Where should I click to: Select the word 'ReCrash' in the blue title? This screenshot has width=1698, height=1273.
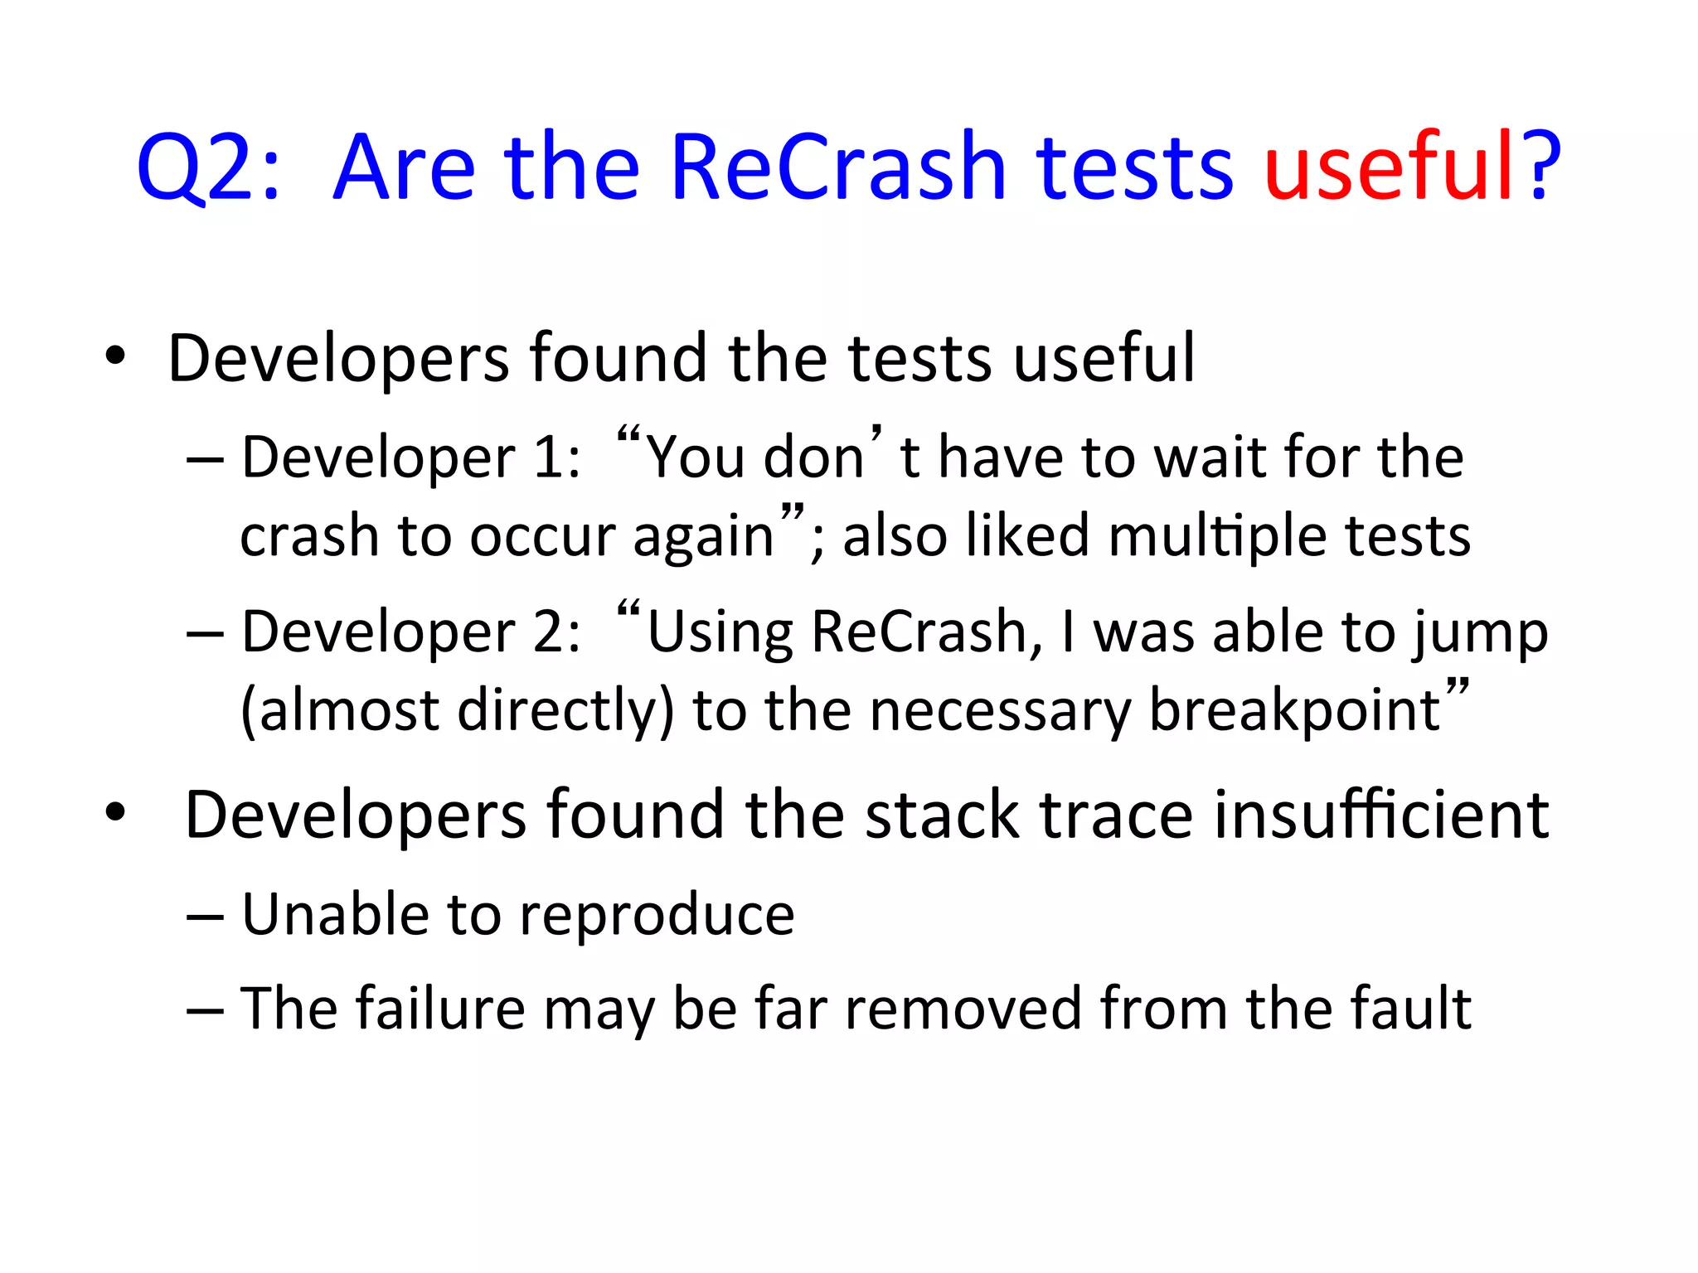[x=837, y=167]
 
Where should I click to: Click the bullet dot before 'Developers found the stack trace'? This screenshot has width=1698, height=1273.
[x=115, y=813]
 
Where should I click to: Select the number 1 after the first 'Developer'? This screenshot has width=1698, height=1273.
[x=549, y=457]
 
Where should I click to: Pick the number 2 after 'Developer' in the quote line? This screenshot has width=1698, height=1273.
[x=549, y=632]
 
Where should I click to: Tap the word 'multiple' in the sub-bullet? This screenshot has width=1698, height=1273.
[x=1218, y=536]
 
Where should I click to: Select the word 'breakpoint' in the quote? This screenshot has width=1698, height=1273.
[x=1294, y=711]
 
